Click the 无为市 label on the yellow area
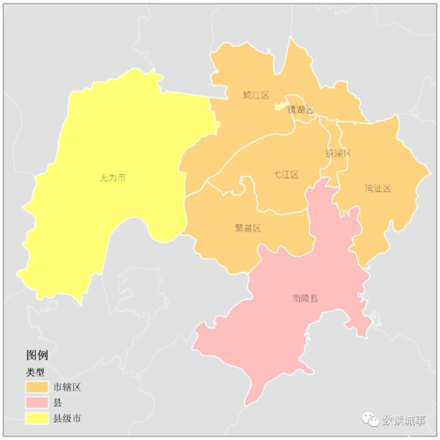113,178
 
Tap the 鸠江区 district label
255,94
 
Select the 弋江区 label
285,175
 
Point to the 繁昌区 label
247,227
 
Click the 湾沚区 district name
377,188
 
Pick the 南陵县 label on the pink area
304,298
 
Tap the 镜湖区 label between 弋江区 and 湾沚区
338,152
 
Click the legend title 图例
37,355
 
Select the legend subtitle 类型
35,371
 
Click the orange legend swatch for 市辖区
36,387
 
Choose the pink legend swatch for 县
36,402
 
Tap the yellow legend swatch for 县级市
36,417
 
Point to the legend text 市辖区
68,387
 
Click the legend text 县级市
68,417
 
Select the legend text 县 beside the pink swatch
58,402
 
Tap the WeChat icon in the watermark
367,420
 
